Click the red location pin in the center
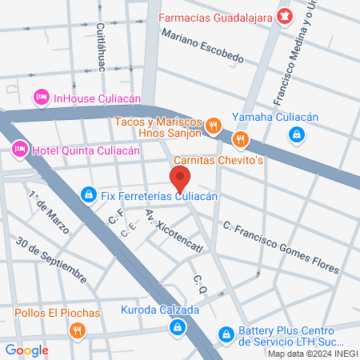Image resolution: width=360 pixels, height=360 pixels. (x=179, y=178)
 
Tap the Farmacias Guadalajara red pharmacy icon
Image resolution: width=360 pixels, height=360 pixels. (x=283, y=16)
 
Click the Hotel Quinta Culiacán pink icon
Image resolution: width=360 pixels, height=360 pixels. (x=19, y=149)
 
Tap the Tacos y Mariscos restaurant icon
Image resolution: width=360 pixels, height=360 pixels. (x=213, y=125)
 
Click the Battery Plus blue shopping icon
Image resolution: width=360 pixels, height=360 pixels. (x=227, y=332)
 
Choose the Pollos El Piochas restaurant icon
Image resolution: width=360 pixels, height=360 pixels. (x=77, y=330)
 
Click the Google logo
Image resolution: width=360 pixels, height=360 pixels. (x=26, y=350)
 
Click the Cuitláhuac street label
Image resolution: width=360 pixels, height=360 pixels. (x=102, y=47)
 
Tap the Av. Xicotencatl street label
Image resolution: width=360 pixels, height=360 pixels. (x=174, y=231)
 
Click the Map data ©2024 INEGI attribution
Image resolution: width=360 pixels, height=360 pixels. (x=311, y=354)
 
